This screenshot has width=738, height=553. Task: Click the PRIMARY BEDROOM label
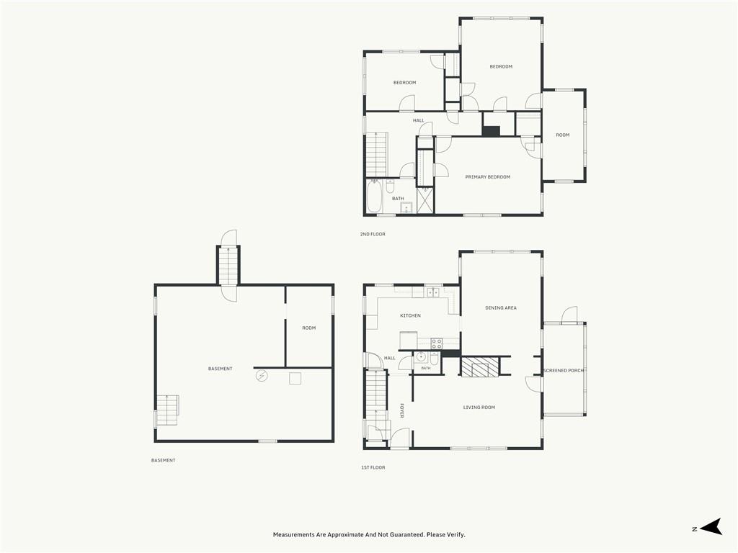pyautogui.click(x=488, y=177)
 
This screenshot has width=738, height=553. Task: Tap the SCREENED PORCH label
pyautogui.click(x=564, y=371)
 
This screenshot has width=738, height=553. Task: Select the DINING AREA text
pyautogui.click(x=501, y=308)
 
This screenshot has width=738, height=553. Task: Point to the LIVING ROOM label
pyautogui.click(x=479, y=408)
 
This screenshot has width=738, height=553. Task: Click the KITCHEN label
pyautogui.click(x=410, y=315)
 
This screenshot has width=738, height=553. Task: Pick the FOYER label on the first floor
pyautogui.click(x=401, y=410)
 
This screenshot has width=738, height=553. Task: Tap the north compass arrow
pyautogui.click(x=711, y=526)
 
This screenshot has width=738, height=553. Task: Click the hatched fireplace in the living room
pyautogui.click(x=479, y=367)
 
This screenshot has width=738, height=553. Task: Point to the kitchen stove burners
pyautogui.click(x=437, y=343)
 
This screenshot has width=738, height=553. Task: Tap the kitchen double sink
pyautogui.click(x=432, y=292)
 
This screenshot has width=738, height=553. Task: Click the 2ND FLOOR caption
pyautogui.click(x=373, y=234)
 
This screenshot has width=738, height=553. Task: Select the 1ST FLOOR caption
pyautogui.click(x=373, y=467)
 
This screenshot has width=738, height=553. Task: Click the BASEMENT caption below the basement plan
pyautogui.click(x=164, y=460)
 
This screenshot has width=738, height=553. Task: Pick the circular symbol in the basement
pyautogui.click(x=262, y=376)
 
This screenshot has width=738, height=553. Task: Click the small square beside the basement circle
pyautogui.click(x=295, y=379)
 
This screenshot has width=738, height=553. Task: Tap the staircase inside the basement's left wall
pyautogui.click(x=167, y=410)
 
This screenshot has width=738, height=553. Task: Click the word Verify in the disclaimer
pyautogui.click(x=455, y=535)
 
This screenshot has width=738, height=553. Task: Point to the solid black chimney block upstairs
pyautogui.click(x=491, y=131)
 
